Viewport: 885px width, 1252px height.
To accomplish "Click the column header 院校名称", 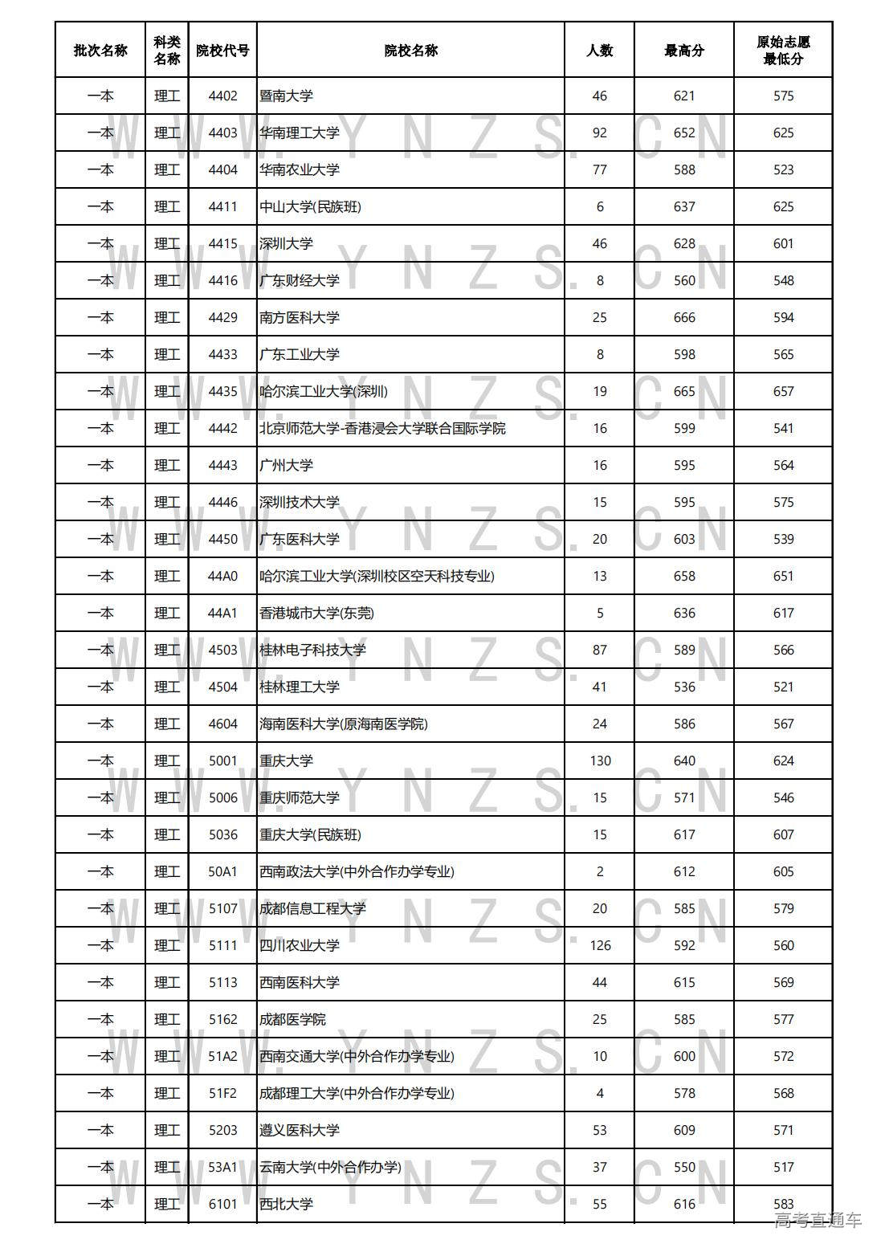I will pyautogui.click(x=410, y=51).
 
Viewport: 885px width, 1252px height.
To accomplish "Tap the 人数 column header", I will pyautogui.click(x=599, y=51).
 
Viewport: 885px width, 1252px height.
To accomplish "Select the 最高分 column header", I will pyautogui.click(x=684, y=51).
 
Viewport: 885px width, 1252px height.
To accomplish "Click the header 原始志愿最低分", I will pyautogui.click(x=783, y=51).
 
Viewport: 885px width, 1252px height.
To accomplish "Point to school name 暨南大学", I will pyautogui.click(x=286, y=96).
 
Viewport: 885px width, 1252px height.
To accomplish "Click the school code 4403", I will pyautogui.click(x=222, y=133).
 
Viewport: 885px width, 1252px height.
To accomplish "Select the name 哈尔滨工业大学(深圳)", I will pyautogui.click(x=324, y=392).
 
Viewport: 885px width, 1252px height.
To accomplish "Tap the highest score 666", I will pyautogui.click(x=684, y=318).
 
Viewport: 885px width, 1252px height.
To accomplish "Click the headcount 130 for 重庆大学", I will pyautogui.click(x=600, y=761).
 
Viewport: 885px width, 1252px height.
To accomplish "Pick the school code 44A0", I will pyautogui.click(x=222, y=577).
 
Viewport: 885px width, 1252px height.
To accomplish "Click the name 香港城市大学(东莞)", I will pyautogui.click(x=316, y=614).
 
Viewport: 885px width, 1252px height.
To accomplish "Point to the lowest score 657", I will pyautogui.click(x=783, y=392).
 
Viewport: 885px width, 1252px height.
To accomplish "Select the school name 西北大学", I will pyautogui.click(x=286, y=1205).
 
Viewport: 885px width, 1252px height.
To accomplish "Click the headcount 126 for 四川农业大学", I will pyautogui.click(x=600, y=946).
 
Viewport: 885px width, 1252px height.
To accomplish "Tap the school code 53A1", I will pyautogui.click(x=222, y=1168).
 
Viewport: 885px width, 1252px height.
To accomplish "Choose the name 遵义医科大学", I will pyautogui.click(x=300, y=1131).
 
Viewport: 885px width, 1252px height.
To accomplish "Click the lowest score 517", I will pyautogui.click(x=783, y=1168).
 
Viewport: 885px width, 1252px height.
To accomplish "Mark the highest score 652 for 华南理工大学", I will pyautogui.click(x=684, y=133).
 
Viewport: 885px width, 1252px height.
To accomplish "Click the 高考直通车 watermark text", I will pyautogui.click(x=818, y=1221).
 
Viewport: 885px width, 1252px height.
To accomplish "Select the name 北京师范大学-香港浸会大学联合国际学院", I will pyautogui.click(x=382, y=429).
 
